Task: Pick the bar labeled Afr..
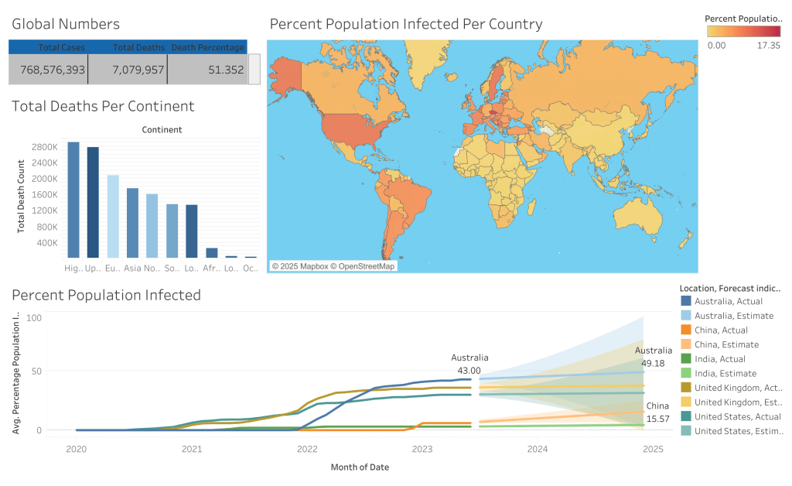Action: click(211, 252)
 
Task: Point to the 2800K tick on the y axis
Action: click(44, 147)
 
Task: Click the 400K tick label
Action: click(46, 243)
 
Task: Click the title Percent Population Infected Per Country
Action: click(405, 24)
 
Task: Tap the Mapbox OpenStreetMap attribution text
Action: click(333, 266)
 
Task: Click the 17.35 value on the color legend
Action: click(769, 46)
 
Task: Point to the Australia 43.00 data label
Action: click(469, 364)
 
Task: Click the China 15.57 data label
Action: click(657, 412)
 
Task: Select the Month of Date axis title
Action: click(360, 467)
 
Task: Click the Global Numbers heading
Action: click(66, 24)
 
